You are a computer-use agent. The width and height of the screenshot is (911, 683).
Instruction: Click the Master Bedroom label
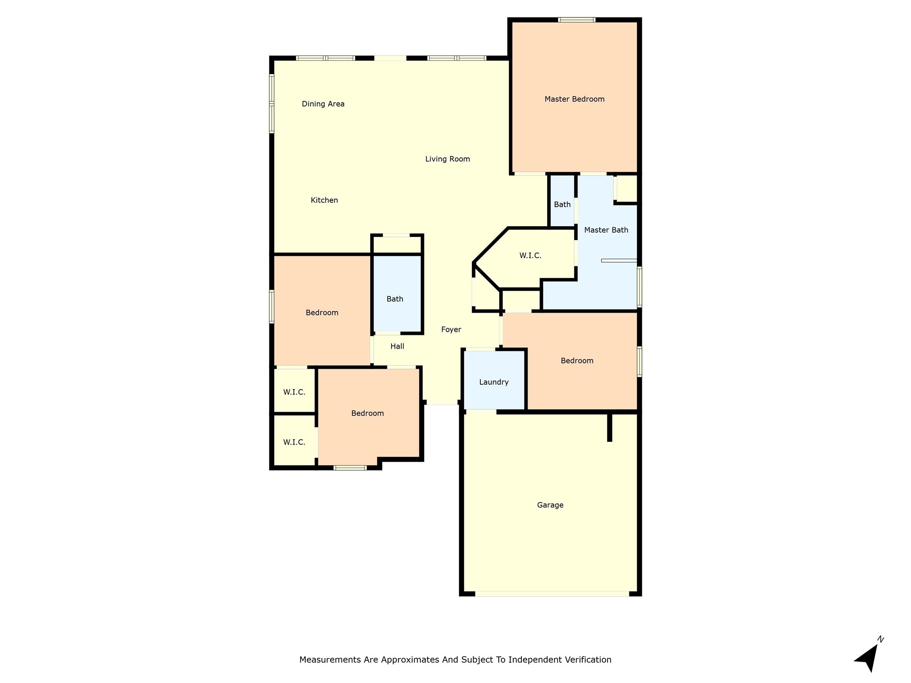(574, 99)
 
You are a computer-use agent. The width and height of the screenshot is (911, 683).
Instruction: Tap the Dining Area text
(323, 104)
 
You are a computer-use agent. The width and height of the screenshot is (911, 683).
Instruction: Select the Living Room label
(447, 159)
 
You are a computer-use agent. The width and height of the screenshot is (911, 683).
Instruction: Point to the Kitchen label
(324, 200)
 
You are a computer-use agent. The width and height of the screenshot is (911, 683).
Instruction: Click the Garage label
(550, 505)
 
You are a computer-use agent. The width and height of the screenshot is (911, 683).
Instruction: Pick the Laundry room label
(494, 382)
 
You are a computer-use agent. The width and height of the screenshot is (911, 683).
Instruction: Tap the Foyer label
(451, 329)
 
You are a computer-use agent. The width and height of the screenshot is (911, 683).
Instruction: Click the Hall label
(397, 346)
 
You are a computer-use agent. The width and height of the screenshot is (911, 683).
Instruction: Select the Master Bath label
(606, 230)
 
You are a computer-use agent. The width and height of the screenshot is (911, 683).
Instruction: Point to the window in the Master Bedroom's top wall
(576, 20)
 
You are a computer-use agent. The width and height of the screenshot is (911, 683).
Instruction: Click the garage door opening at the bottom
(552, 594)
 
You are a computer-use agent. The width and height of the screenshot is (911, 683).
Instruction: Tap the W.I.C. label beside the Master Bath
(530, 256)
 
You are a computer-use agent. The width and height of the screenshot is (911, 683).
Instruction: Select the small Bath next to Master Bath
(562, 205)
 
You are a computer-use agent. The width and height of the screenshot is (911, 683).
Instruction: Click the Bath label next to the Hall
(395, 299)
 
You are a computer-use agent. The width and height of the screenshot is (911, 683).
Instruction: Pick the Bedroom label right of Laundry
(577, 361)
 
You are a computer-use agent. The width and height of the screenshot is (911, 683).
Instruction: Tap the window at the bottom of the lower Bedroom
(350, 468)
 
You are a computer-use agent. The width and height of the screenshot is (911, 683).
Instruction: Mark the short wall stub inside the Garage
(609, 427)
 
